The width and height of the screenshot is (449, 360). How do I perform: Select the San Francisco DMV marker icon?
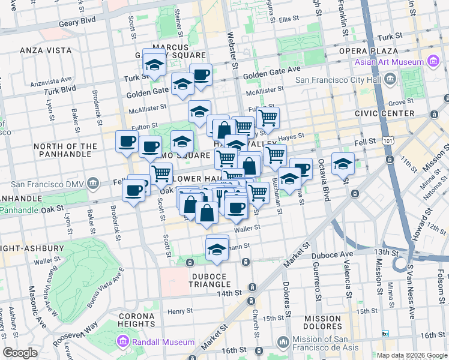92,182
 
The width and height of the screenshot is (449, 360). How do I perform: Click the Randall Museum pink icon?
124,342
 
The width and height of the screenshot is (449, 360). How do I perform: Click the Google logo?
20,353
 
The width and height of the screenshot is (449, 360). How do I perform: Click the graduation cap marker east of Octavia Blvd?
343,164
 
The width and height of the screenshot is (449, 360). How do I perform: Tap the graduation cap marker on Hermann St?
217,250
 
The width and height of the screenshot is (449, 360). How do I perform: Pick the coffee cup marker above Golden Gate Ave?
201,75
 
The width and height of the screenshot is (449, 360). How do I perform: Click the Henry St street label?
179,311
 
